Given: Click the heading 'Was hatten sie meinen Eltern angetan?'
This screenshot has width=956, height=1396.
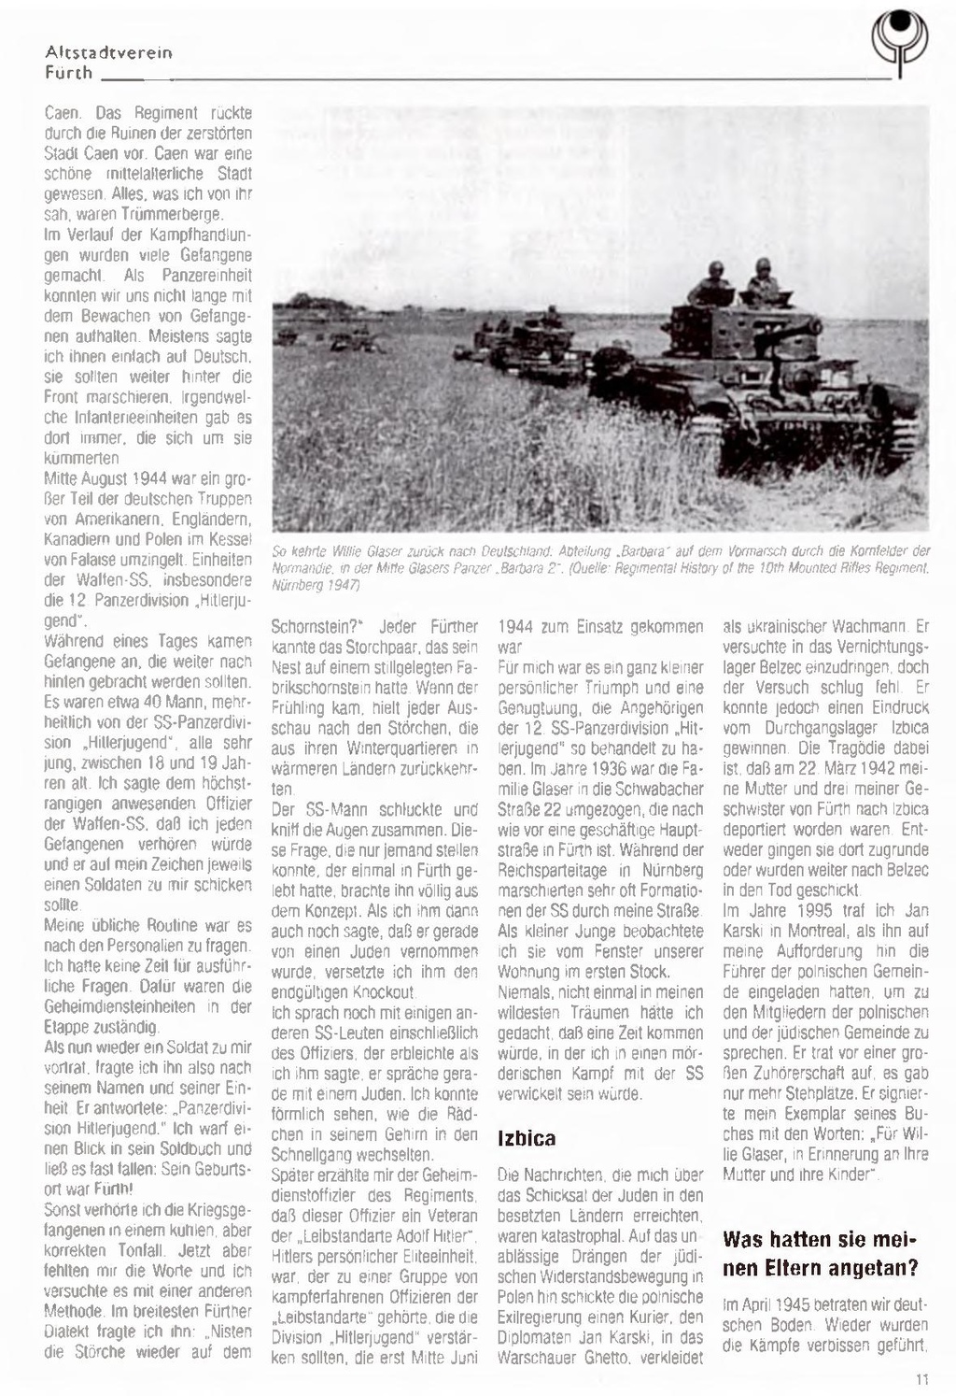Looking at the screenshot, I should pos(822,1253).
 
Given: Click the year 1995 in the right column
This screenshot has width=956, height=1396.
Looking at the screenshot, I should pos(822,910).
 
